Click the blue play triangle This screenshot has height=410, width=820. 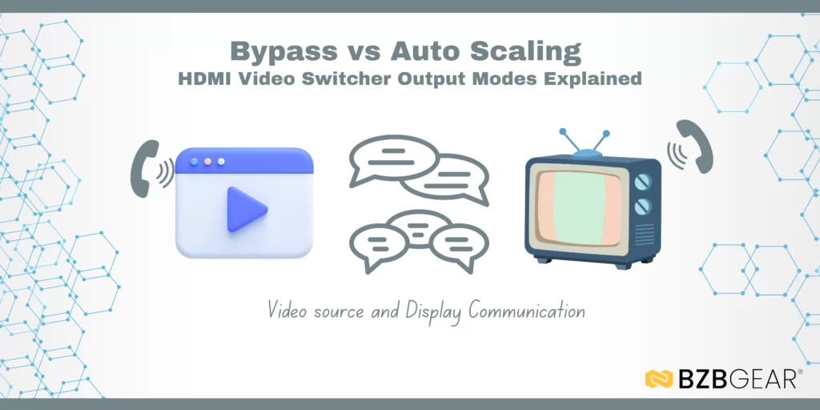tap(245, 209)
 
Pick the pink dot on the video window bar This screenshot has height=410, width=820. tap(207, 162)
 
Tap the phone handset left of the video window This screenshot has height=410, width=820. tap(145, 169)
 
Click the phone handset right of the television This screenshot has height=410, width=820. tap(695, 147)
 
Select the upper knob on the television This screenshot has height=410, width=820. tap(643, 182)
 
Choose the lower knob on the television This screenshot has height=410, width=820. tap(643, 207)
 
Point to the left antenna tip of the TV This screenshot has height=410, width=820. tap(563, 132)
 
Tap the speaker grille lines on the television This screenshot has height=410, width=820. tap(643, 235)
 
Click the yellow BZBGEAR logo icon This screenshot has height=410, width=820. tap(658, 379)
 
